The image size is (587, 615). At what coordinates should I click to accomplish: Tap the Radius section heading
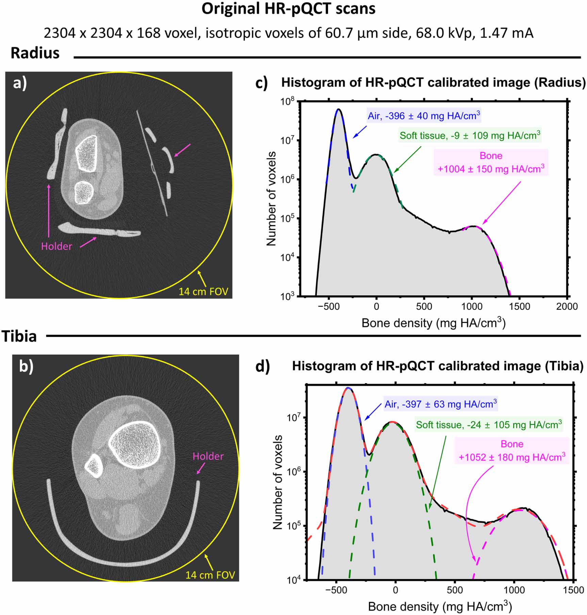pyautogui.click(x=35, y=53)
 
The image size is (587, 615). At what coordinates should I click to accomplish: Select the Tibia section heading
pyautogui.click(x=19, y=337)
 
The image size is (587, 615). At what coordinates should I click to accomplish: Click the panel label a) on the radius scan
pyautogui.click(x=20, y=83)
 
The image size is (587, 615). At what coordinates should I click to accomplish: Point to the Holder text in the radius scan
pyautogui.click(x=56, y=246)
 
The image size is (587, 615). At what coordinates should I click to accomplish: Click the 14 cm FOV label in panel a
pyautogui.click(x=203, y=292)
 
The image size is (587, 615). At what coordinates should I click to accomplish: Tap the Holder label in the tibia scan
pyautogui.click(x=208, y=456)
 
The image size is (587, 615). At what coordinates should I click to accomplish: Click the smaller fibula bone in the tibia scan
pyautogui.click(x=94, y=466)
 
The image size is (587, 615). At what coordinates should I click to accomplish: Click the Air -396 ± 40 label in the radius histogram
pyautogui.click(x=424, y=116)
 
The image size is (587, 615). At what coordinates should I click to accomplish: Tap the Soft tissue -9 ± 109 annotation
pyautogui.click(x=470, y=135)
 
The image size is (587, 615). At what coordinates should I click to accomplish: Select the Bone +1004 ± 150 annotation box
pyautogui.click(x=491, y=163)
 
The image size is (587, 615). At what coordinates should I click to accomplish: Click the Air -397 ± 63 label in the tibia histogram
pyautogui.click(x=441, y=404)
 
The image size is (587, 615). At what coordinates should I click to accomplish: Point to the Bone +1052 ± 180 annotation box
pyautogui.click(x=512, y=451)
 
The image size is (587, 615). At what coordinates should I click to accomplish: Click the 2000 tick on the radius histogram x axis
pyautogui.click(x=567, y=306)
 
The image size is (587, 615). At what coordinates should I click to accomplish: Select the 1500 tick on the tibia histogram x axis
pyautogui.click(x=573, y=590)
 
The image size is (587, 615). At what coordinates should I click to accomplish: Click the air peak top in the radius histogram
pyautogui.click(x=338, y=109)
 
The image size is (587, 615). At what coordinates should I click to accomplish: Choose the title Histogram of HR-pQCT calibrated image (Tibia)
pyautogui.click(x=438, y=366)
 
